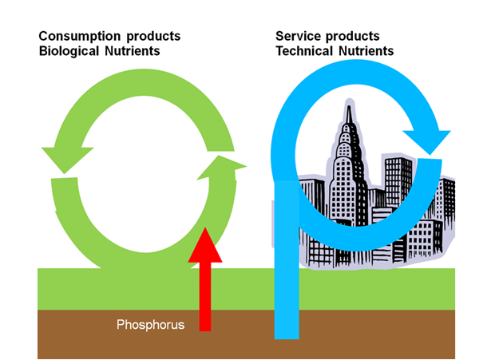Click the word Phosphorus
(x=151, y=325)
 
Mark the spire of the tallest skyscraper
(x=349, y=112)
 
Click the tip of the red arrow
(x=205, y=231)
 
